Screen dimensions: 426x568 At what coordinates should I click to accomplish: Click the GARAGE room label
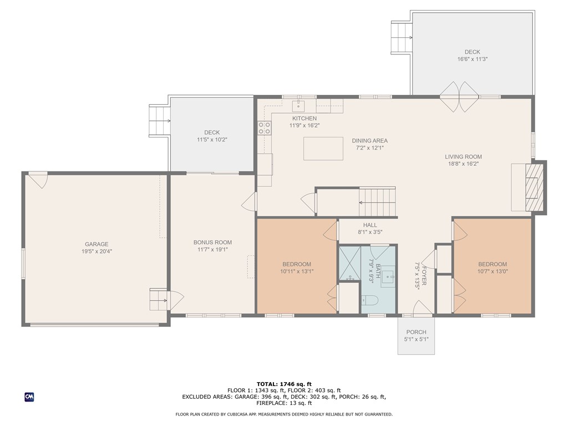pyautogui.click(x=97, y=244)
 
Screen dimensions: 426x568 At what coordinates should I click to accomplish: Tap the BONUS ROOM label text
pyautogui.click(x=212, y=242)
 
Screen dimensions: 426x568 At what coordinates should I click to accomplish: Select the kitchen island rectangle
pyautogui.click(x=323, y=149)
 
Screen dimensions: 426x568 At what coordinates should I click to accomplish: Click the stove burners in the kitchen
pyautogui.click(x=264, y=129)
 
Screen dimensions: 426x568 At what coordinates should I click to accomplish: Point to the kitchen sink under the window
pyautogui.click(x=299, y=105)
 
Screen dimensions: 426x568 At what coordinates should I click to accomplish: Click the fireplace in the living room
pyautogui.click(x=532, y=187)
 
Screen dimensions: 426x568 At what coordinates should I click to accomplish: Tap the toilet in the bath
pyautogui.click(x=369, y=301)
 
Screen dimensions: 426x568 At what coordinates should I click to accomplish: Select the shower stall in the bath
pyautogui.click(x=349, y=264)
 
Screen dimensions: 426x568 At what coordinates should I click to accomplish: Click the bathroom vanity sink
pyautogui.click(x=387, y=275)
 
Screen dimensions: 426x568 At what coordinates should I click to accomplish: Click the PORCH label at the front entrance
pyautogui.click(x=416, y=332)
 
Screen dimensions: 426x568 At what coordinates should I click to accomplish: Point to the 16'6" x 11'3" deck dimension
pyautogui.click(x=472, y=59)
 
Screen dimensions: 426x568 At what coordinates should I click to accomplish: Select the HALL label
pyautogui.click(x=370, y=225)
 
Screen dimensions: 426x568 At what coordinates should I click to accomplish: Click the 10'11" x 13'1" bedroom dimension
pyautogui.click(x=296, y=271)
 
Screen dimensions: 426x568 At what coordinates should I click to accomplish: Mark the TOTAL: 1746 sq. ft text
pyautogui.click(x=284, y=384)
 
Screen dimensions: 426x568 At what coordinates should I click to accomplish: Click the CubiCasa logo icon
pyautogui.click(x=29, y=397)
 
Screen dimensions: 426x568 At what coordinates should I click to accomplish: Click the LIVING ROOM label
pyautogui.click(x=465, y=157)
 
